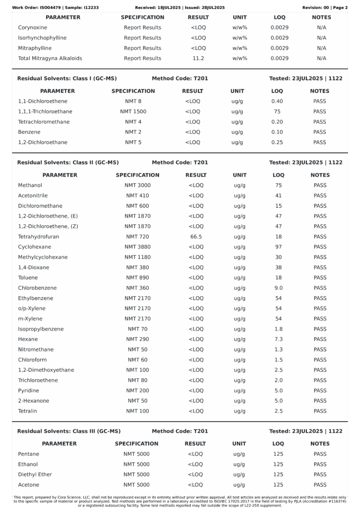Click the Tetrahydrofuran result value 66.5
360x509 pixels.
click(196, 237)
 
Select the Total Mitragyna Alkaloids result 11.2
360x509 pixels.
click(198, 58)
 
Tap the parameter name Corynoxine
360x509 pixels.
click(32, 27)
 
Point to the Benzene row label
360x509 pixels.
click(29, 132)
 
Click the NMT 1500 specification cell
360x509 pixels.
click(133, 111)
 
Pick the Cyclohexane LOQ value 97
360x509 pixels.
click(278, 247)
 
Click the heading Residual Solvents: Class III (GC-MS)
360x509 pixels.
click(69, 431)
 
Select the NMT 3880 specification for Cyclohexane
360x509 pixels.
click(137, 247)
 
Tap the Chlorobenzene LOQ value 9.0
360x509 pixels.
click(278, 288)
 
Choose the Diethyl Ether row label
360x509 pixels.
click(35, 474)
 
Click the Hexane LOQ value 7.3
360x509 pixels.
click(278, 339)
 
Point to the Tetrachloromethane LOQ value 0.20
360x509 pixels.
click(277, 122)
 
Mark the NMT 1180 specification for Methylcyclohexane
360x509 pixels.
click(137, 257)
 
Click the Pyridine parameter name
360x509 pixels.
click(28, 391)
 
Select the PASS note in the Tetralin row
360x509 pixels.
click(320, 411)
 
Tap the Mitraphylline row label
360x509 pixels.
click(35, 48)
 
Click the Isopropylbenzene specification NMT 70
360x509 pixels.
click(137, 329)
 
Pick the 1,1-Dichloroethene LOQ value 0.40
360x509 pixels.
click(277, 101)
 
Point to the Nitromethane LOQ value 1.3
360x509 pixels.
click(278, 349)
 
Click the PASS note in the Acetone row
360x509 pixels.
click(320, 485)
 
